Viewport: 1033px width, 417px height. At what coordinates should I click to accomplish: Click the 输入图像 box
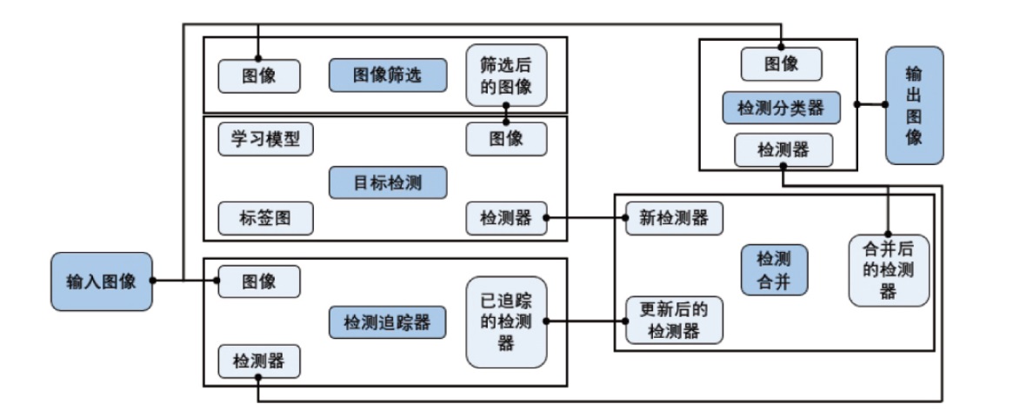pyautogui.click(x=102, y=281)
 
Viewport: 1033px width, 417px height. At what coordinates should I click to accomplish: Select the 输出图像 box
pyautogui.click(x=914, y=105)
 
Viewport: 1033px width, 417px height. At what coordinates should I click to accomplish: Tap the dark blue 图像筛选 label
pyautogui.click(x=388, y=75)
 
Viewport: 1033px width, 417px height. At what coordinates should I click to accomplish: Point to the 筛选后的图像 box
pyautogui.click(x=506, y=75)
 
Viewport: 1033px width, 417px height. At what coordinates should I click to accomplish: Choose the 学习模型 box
pyautogui.click(x=265, y=140)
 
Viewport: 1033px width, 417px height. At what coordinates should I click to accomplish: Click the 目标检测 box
pyautogui.click(x=388, y=182)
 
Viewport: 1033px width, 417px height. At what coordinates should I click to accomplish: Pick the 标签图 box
pyautogui.click(x=265, y=218)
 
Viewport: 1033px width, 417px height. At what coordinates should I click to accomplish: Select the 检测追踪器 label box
pyautogui.click(x=388, y=322)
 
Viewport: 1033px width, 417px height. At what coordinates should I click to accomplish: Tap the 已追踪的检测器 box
pyautogui.click(x=506, y=321)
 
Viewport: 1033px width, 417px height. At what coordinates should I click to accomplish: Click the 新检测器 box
pyautogui.click(x=674, y=218)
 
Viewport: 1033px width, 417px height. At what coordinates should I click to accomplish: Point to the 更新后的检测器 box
pyautogui.click(x=674, y=321)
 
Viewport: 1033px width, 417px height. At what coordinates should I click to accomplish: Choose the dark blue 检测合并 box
pyautogui.click(x=774, y=269)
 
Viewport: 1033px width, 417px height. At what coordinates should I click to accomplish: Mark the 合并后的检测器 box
pyautogui.click(x=889, y=270)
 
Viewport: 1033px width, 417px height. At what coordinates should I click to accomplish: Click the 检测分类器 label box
pyautogui.click(x=782, y=108)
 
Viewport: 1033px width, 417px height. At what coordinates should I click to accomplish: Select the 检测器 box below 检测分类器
pyautogui.click(x=783, y=150)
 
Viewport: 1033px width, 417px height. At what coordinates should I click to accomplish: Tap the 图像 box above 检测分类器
pyautogui.click(x=782, y=63)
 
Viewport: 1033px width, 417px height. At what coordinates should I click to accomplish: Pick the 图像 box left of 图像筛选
pyautogui.click(x=259, y=76)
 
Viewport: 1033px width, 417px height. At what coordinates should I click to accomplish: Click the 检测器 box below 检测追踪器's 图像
pyautogui.click(x=259, y=361)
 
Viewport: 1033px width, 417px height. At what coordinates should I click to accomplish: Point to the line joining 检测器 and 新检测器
pyautogui.click(x=586, y=218)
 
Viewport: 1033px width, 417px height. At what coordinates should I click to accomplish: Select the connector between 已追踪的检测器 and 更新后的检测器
pyautogui.click(x=586, y=321)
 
